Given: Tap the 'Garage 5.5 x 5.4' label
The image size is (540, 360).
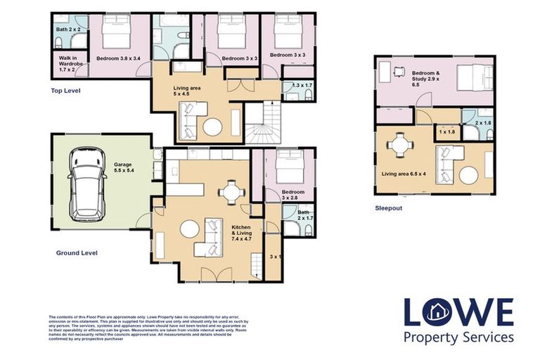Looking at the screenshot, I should point(128,167).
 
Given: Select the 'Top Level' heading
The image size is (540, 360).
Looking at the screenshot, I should point(66,91).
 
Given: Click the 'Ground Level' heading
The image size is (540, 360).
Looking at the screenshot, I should point(77,252).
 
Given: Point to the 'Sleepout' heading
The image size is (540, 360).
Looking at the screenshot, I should point(390,209).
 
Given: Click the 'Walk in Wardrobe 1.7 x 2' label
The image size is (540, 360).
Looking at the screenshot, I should point(72,65).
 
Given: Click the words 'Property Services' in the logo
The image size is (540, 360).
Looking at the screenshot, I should point(458,337).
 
